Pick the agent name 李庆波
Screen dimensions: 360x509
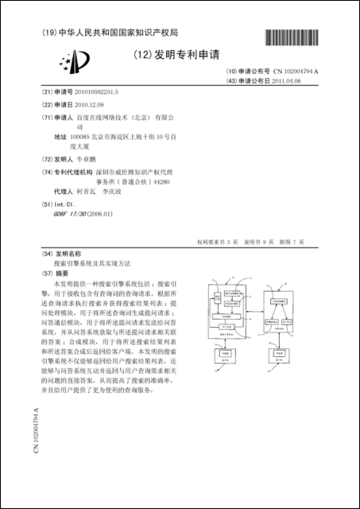pyautogui.click(x=116, y=192)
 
